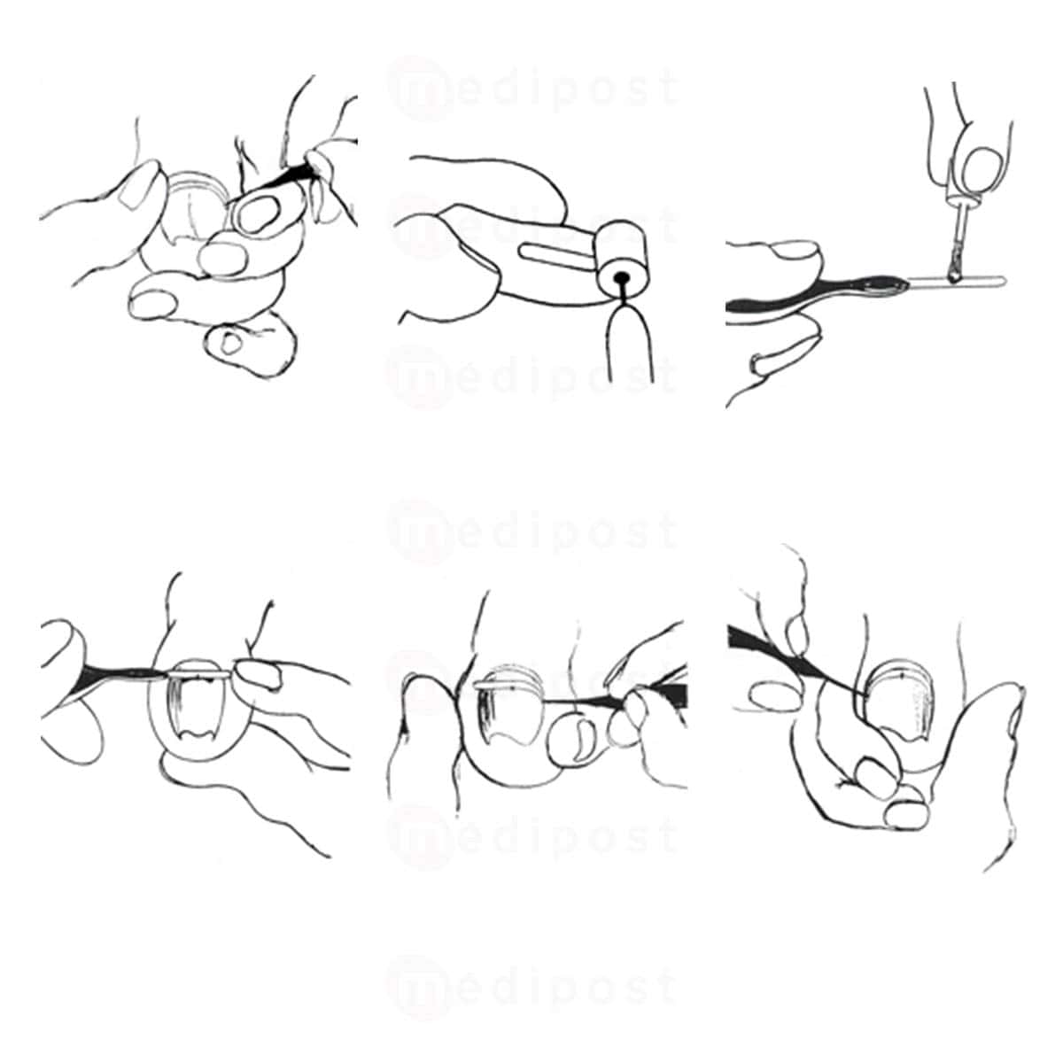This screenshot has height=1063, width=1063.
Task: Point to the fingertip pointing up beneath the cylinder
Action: (x=630, y=343)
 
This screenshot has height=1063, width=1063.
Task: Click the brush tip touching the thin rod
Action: (x=953, y=270)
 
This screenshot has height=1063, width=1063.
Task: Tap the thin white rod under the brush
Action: (x=957, y=281)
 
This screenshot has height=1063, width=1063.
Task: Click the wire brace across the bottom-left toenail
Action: (x=202, y=675)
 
